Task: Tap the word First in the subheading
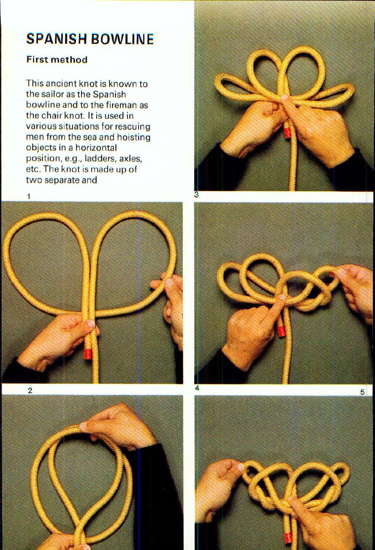tap(37, 60)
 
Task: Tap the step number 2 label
tap(30, 390)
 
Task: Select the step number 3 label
tap(196, 195)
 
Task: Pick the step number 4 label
tap(197, 388)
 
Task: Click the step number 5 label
tap(362, 392)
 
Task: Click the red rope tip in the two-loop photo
tap(87, 354)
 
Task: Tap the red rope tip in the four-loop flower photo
tap(287, 132)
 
